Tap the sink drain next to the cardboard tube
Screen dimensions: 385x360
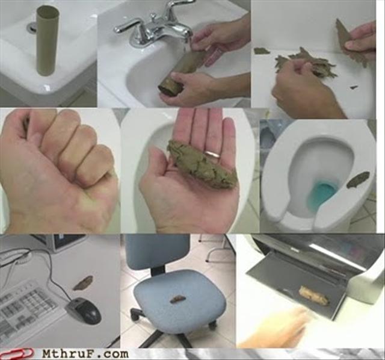31,27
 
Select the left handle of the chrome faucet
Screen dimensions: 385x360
127,25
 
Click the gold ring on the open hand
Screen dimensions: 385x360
212,154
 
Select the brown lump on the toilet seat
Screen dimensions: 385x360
358,179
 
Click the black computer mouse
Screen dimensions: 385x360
84,311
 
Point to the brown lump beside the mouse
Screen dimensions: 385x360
83,282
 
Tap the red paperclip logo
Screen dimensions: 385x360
16,353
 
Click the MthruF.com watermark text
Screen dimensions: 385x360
85,354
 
